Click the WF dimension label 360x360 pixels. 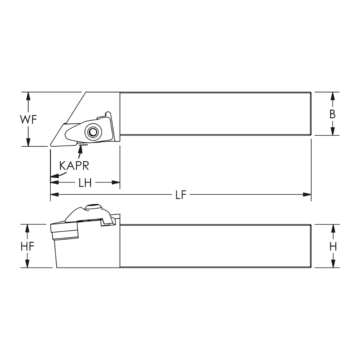28,120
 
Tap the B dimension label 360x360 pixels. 333,114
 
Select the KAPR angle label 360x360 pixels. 74,166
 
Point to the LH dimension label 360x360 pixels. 85,183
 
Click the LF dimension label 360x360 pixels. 181,195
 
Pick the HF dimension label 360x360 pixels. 27,246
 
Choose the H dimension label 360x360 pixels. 333,246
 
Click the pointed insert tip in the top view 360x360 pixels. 51,145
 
